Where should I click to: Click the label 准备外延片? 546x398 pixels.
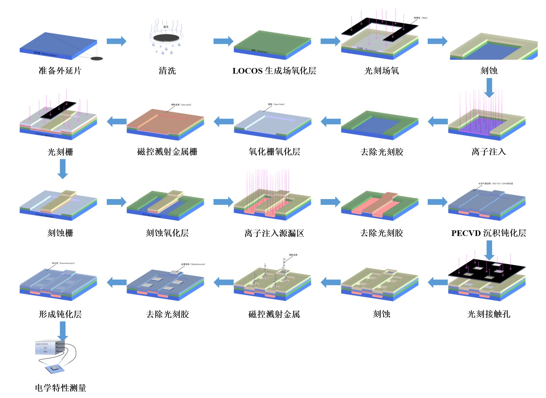pyautogui.click(x=60, y=71)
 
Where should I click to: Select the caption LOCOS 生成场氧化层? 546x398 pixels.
pyautogui.click(x=274, y=71)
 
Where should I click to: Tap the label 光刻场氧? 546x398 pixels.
pyautogui.click(x=382, y=71)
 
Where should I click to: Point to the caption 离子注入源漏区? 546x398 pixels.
pyautogui.click(x=274, y=233)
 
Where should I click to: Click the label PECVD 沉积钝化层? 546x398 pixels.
pyautogui.click(x=489, y=233)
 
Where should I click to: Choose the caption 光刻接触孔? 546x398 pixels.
pyautogui.click(x=489, y=314)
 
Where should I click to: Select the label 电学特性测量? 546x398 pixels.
pyautogui.click(x=61, y=388)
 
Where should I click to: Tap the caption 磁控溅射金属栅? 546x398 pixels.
pyautogui.click(x=167, y=152)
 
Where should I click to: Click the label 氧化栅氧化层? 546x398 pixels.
pyautogui.click(x=274, y=152)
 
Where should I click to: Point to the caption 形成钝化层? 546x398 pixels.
pyautogui.click(x=60, y=314)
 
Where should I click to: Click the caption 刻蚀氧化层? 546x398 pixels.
pyautogui.click(x=167, y=233)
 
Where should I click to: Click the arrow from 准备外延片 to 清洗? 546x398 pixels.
pyautogui.click(x=116, y=41)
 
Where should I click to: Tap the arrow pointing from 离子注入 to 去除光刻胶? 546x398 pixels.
pyautogui.click(x=438, y=122)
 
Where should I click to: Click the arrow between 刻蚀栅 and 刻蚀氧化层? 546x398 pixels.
pyautogui.click(x=116, y=202)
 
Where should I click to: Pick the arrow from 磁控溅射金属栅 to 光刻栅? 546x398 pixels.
pyautogui.click(x=117, y=122)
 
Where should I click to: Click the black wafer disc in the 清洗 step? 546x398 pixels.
pyautogui.click(x=166, y=38)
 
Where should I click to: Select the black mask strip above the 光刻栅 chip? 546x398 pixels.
pyautogui.click(x=58, y=110)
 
